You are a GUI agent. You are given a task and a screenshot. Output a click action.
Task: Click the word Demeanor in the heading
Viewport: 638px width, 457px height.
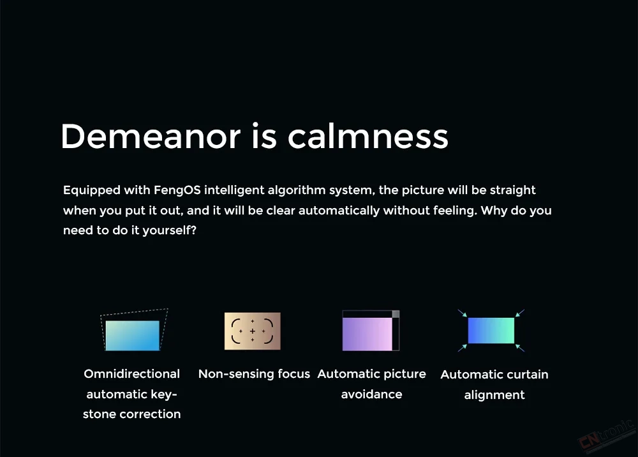(x=151, y=136)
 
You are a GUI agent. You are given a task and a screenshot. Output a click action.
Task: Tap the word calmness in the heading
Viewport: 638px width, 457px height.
(x=368, y=136)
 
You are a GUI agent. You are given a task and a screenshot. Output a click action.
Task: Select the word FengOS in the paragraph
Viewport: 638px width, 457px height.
(x=177, y=190)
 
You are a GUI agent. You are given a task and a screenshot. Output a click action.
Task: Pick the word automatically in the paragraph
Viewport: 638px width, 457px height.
(x=339, y=211)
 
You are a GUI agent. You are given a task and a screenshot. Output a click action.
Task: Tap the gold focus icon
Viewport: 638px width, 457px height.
(x=252, y=331)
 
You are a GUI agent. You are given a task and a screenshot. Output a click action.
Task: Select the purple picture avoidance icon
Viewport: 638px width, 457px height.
(x=371, y=331)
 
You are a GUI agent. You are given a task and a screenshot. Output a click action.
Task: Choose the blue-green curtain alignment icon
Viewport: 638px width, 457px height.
(x=491, y=331)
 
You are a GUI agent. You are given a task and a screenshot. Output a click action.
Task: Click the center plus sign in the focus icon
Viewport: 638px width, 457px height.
(x=252, y=331)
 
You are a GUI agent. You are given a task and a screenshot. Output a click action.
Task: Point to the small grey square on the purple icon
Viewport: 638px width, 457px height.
(x=396, y=314)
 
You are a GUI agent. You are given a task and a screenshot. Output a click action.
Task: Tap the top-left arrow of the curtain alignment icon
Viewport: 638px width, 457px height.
(x=462, y=313)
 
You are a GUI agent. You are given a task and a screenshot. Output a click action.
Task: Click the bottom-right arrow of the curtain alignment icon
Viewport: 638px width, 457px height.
(x=520, y=348)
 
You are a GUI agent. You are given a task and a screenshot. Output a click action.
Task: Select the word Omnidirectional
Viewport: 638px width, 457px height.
(x=132, y=374)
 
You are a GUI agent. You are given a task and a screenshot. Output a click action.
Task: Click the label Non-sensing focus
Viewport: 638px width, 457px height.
(x=254, y=374)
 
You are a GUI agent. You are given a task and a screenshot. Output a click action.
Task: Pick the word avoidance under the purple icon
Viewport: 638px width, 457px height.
(x=371, y=394)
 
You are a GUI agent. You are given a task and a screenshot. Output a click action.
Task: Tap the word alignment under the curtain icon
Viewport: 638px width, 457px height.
(x=494, y=395)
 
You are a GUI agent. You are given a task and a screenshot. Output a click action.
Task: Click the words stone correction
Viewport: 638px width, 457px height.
(x=132, y=414)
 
